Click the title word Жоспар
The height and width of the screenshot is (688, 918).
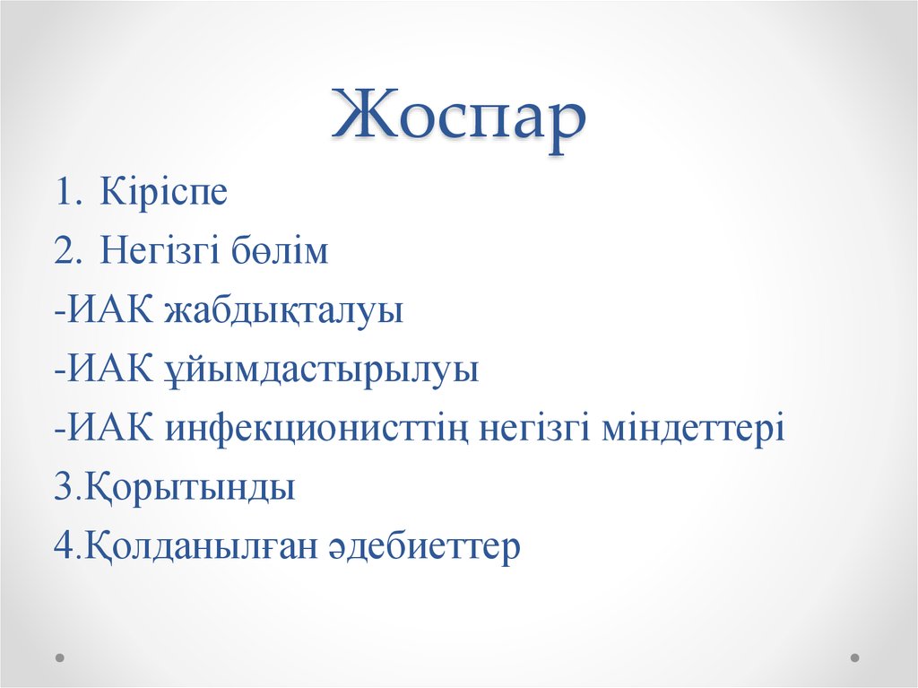(458, 121)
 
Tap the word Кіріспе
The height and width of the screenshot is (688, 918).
(163, 193)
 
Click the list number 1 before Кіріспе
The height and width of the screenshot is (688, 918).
(65, 193)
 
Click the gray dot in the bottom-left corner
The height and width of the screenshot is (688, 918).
(60, 657)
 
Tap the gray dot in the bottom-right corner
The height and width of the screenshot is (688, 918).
(855, 657)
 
